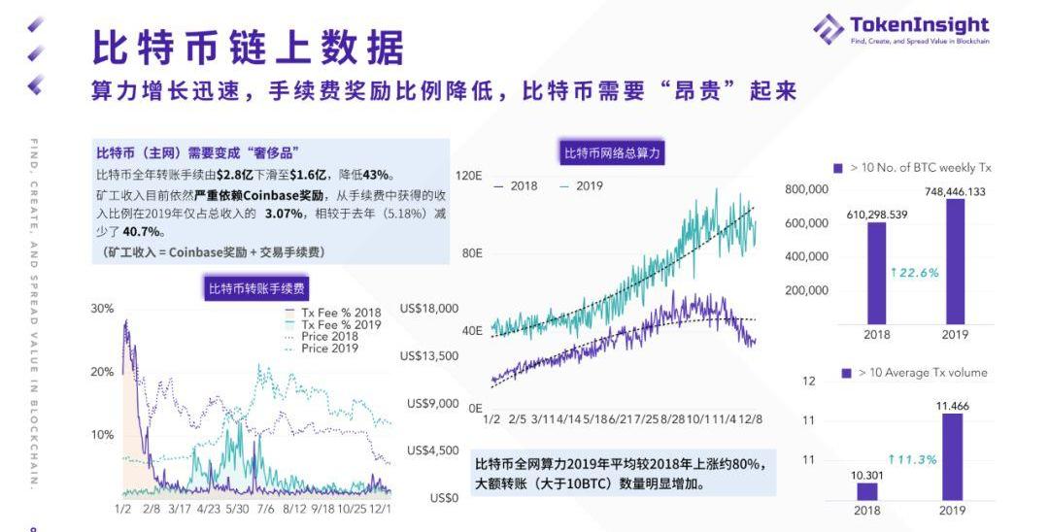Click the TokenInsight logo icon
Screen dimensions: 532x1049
coord(829,28)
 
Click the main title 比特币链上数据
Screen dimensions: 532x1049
coord(248,47)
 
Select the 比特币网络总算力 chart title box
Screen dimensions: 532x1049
coord(614,152)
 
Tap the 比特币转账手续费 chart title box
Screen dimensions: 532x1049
coord(257,287)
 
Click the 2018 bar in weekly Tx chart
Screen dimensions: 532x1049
coord(876,273)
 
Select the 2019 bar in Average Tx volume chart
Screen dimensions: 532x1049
coord(952,456)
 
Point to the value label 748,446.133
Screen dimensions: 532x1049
coord(955,191)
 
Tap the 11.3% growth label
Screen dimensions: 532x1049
coord(912,459)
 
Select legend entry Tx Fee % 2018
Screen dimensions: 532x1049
coord(341,313)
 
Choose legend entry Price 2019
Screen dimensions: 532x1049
coord(329,349)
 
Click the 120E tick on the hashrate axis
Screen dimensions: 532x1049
coord(470,176)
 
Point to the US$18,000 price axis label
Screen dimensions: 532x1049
coord(429,308)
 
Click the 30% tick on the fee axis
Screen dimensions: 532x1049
coord(102,308)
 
